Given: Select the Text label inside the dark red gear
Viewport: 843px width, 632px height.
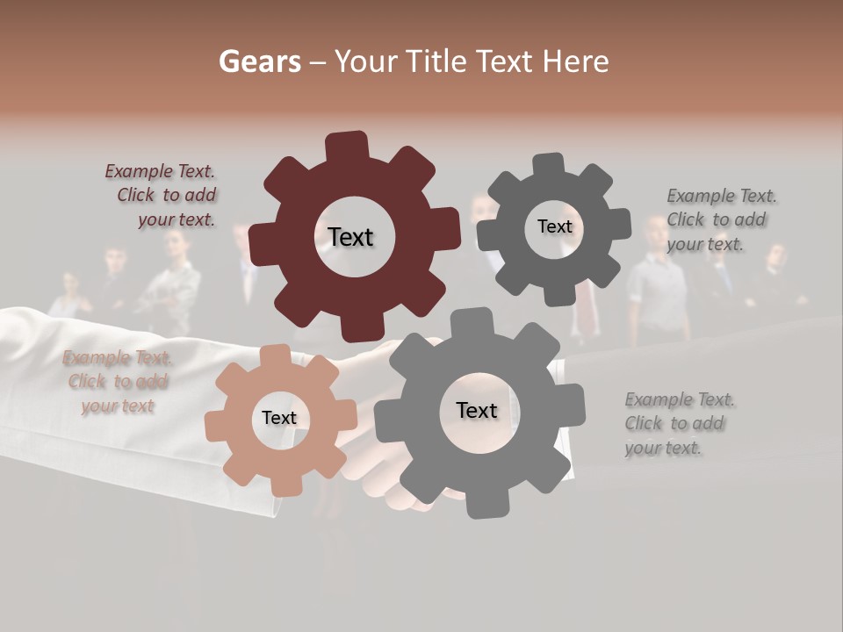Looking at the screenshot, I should pyautogui.click(x=350, y=237).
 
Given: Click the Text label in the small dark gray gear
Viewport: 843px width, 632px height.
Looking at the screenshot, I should pyautogui.click(x=554, y=226).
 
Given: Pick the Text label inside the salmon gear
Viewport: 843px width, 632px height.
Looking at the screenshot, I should pyautogui.click(x=279, y=418).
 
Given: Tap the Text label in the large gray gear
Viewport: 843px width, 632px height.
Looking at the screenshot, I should pyautogui.click(x=477, y=410).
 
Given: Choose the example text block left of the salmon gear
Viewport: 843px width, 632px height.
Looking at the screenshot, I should pyautogui.click(x=117, y=382).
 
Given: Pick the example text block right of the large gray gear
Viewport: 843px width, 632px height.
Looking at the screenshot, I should pyautogui.click(x=679, y=424).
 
